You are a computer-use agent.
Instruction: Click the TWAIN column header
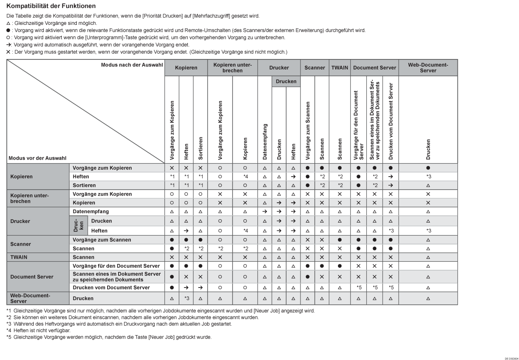point(339,67)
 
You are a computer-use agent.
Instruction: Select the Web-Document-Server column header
point(428,67)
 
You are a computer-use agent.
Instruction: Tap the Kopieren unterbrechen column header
point(232,67)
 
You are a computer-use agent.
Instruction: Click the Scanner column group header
point(315,67)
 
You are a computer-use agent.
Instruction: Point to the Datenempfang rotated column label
point(265,141)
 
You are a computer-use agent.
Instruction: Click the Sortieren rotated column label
point(200,147)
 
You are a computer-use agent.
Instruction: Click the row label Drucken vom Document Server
point(111,288)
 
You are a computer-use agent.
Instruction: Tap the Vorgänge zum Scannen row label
point(102,240)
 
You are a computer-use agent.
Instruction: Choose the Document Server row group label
point(32,277)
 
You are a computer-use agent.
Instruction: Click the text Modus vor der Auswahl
point(38,158)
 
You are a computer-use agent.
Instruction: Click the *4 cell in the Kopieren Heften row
point(245,176)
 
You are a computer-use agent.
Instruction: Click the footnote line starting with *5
point(112,337)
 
